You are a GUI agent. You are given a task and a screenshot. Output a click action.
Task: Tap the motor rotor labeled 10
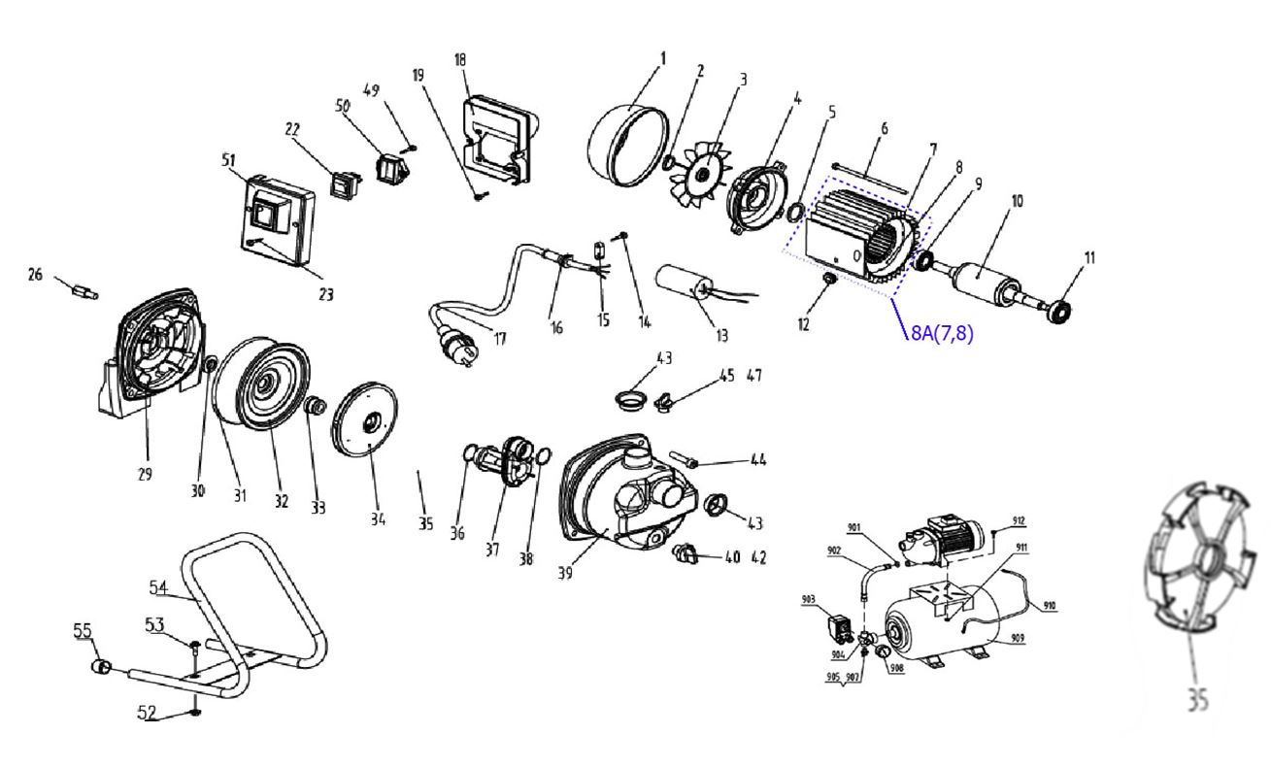click(983, 281)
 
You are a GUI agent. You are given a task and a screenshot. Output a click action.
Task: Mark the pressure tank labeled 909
click(937, 628)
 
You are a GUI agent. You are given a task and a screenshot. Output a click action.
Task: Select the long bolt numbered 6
click(869, 177)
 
